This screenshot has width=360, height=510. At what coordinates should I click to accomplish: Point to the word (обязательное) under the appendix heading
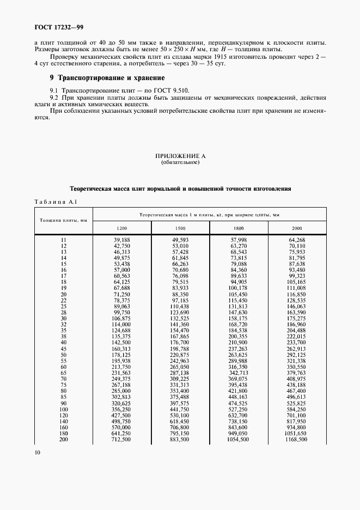tap(180, 162)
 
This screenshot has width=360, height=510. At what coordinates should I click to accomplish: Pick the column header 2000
tap(296, 227)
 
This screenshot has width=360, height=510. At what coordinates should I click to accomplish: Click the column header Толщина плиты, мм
tap(64, 220)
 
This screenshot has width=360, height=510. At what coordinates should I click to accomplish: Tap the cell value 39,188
tap(121, 240)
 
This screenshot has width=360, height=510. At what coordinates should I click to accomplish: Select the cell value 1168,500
tap(296, 439)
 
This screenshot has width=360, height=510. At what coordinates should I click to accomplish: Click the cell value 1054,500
tap(237, 439)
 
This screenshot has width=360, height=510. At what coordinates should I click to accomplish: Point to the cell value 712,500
tap(121, 439)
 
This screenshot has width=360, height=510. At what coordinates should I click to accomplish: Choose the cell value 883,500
tap(180, 439)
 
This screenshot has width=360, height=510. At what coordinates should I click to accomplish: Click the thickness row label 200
tap(64, 439)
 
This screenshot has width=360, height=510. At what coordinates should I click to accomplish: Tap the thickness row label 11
tap(64, 240)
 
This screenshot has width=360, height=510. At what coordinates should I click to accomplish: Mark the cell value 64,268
tap(296, 240)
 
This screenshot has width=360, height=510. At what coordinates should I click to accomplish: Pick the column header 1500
tap(180, 227)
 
